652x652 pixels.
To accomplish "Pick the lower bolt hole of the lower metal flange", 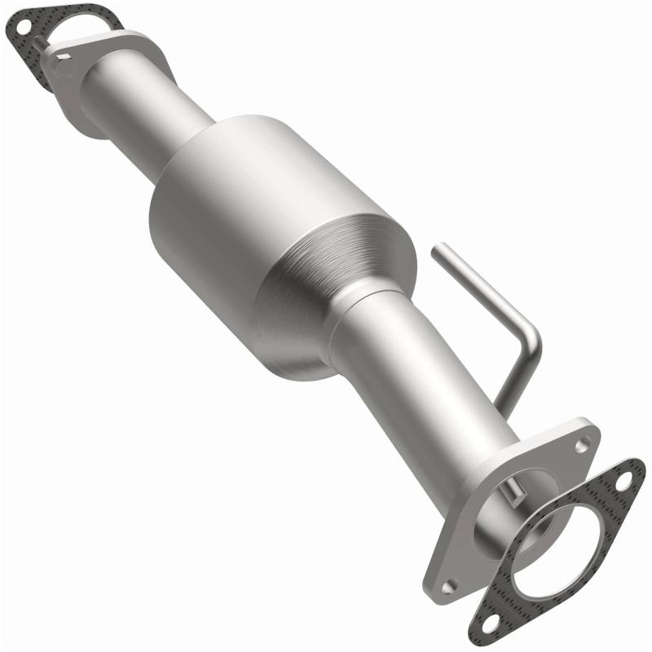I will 447,584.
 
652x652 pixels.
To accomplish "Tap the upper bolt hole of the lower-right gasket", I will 623,482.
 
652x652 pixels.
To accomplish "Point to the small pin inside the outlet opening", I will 512,491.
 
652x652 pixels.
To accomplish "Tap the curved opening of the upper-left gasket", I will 77,33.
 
